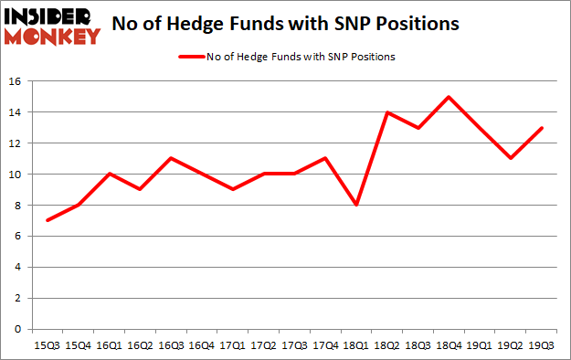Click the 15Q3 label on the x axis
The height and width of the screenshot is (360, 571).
coord(47,344)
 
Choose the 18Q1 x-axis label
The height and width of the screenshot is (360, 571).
coord(357,344)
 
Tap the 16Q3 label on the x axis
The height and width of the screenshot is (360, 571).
coord(171,344)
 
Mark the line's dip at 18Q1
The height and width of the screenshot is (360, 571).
coord(357,205)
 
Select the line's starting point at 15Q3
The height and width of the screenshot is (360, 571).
coord(47,220)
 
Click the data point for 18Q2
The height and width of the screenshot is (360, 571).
coord(388,112)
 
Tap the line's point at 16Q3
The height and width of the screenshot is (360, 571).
coord(171,159)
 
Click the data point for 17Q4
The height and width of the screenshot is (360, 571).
coord(326,159)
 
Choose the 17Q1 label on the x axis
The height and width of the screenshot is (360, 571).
coord(233,344)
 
